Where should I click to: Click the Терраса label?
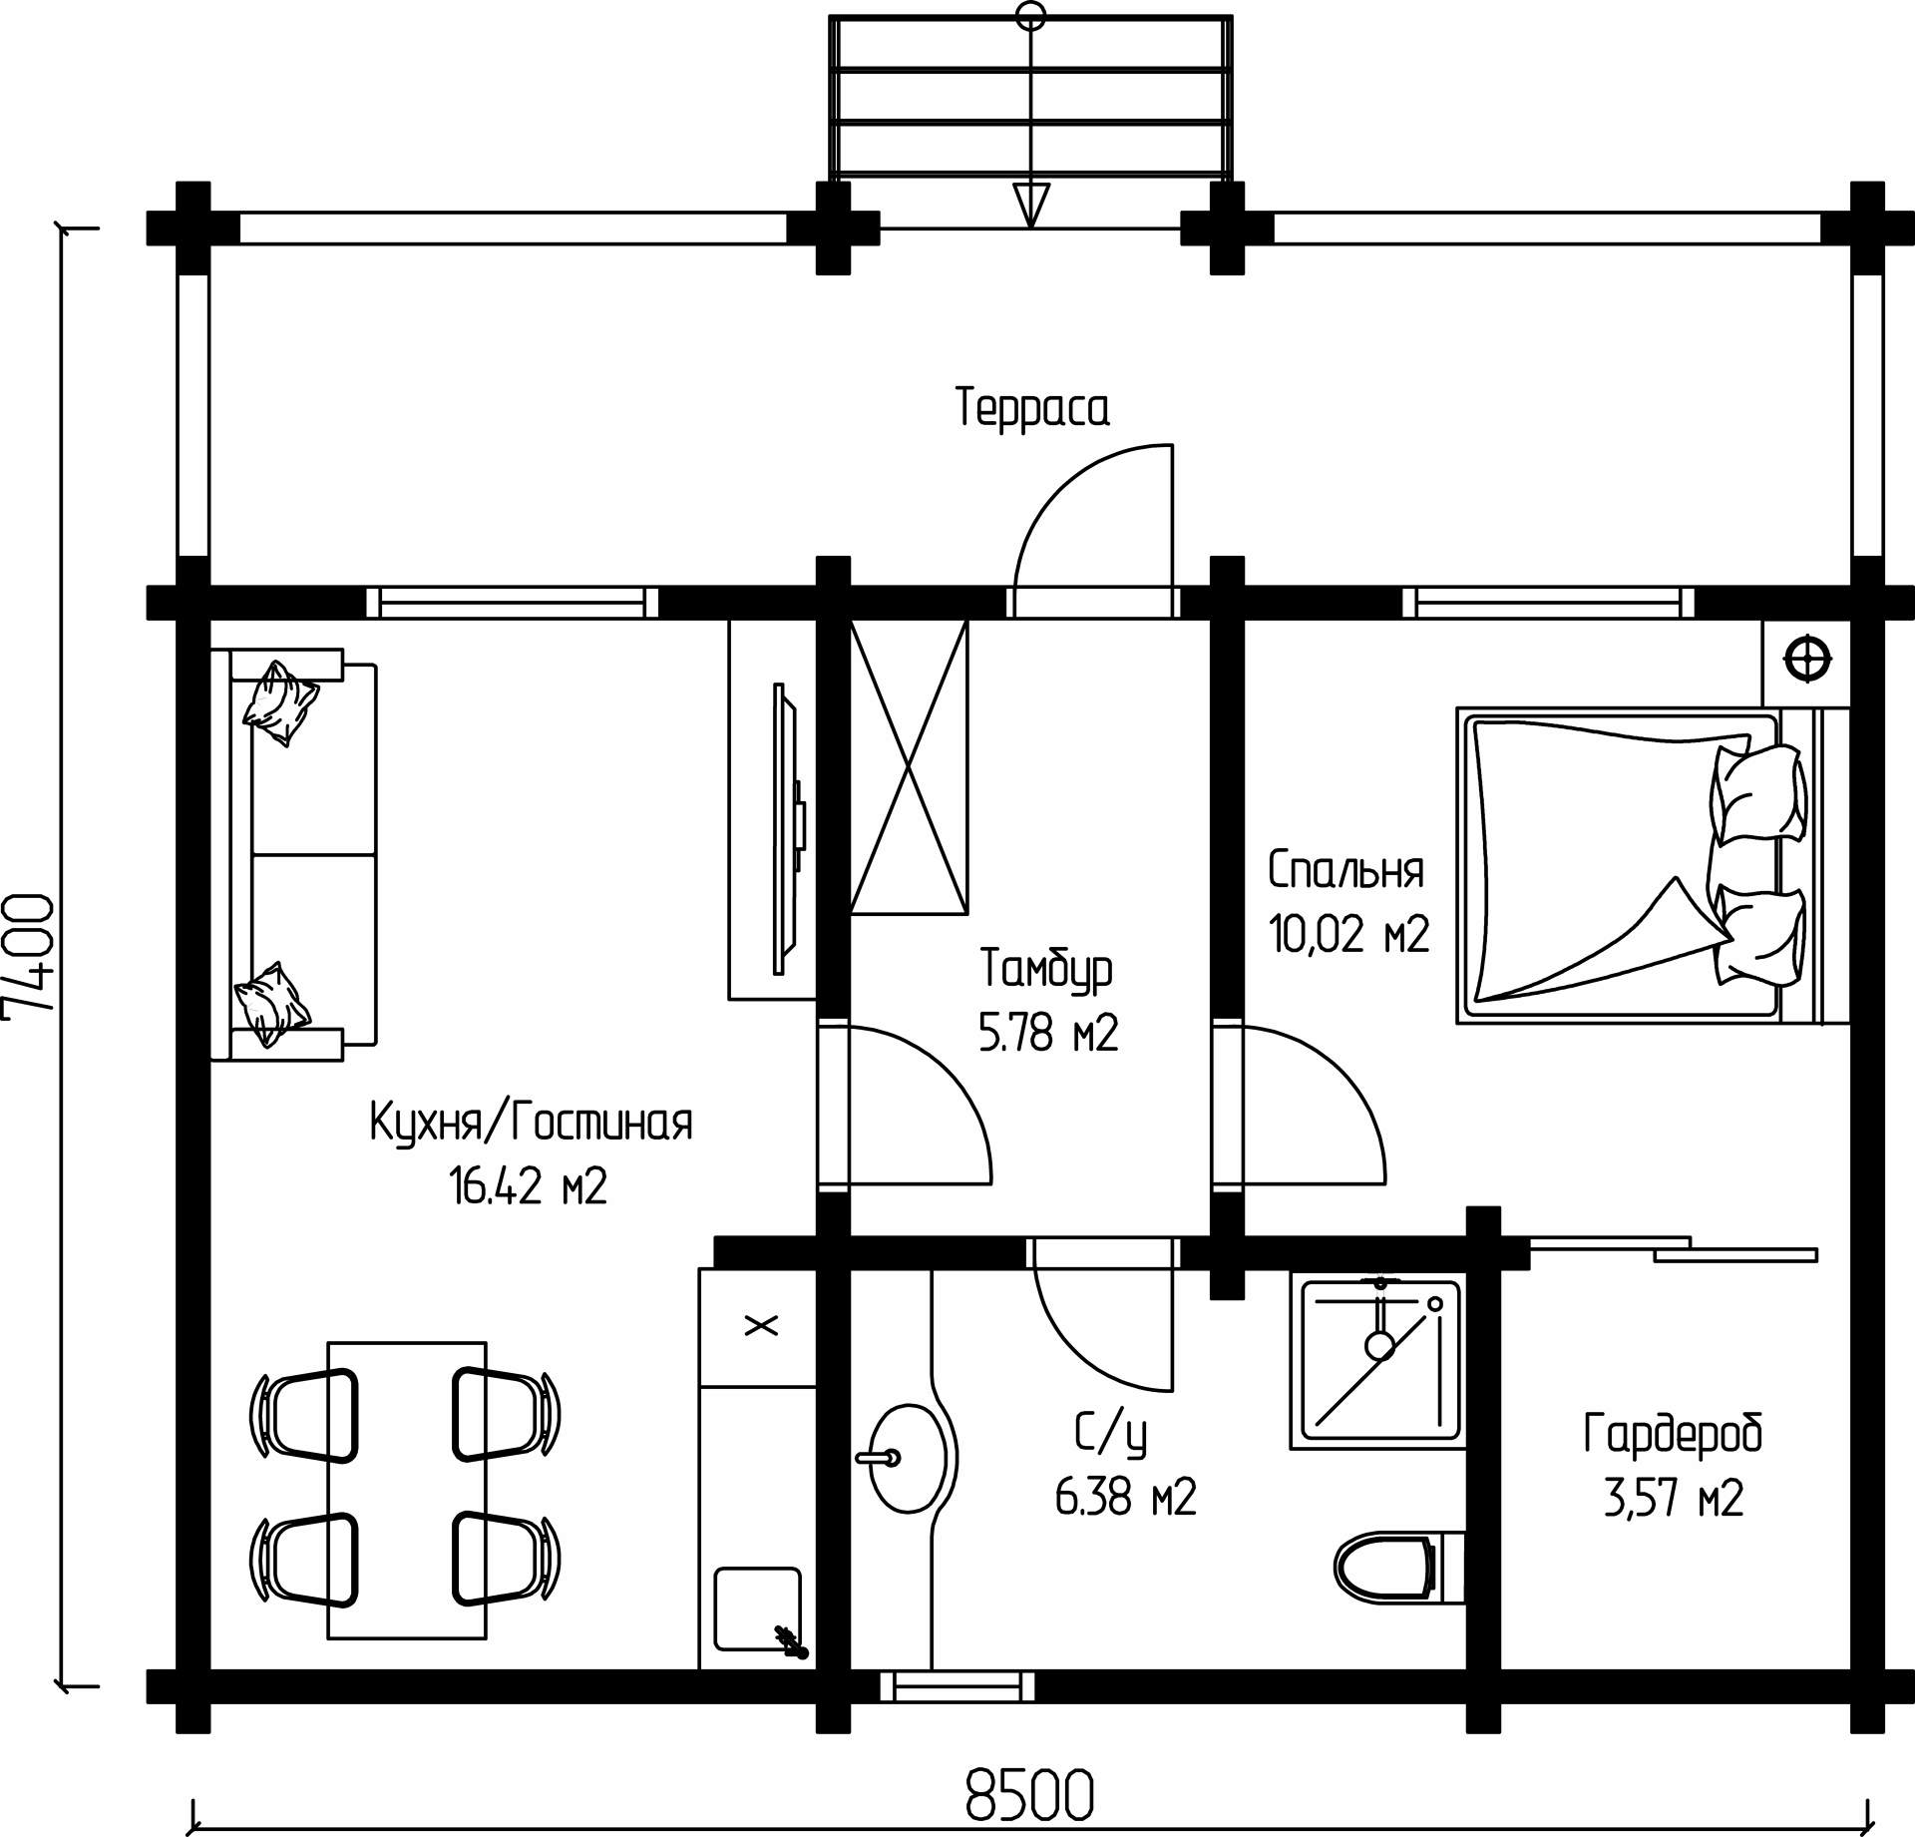1032,408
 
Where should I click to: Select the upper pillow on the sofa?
281,702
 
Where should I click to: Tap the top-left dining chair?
303,1415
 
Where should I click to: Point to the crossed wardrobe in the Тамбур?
909,766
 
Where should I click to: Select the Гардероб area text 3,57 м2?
1673,1527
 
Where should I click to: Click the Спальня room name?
1345,870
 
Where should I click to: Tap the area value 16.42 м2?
529,1187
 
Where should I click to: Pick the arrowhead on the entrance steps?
1030,205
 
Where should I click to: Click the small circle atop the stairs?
1030,15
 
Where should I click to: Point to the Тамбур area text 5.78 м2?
1047,1033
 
